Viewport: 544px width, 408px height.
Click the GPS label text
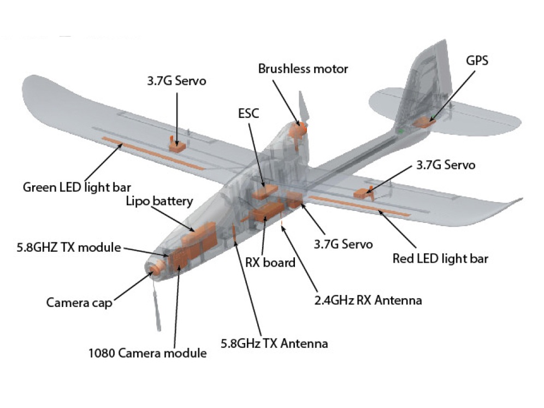click(477, 60)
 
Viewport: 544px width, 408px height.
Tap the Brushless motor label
click(303, 69)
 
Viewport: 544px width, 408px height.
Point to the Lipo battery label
click(159, 201)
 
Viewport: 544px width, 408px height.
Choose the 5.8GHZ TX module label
click(68, 247)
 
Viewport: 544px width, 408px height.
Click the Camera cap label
click(79, 302)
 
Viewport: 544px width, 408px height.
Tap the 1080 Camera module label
click(147, 353)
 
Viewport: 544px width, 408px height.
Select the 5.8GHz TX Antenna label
click(274, 344)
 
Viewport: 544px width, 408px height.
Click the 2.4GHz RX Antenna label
click(368, 300)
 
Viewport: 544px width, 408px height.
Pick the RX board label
click(270, 262)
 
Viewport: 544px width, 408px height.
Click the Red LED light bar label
click(440, 258)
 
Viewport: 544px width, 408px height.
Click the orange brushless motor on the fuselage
click(298, 130)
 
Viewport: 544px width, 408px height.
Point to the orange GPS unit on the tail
click(424, 122)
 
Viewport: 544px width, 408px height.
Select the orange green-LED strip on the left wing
click(153, 153)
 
